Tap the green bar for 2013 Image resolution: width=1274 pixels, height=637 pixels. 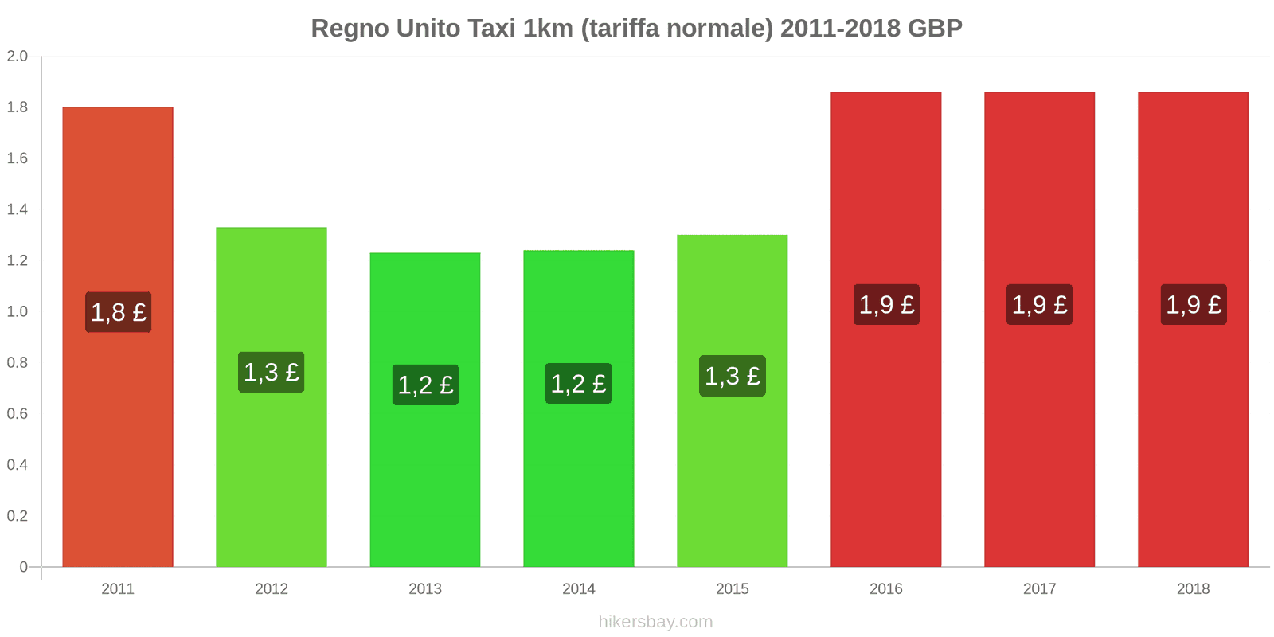(425, 478)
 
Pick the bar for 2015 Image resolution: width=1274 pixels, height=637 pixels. (733, 478)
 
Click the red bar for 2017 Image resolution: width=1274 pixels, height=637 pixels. (1039, 438)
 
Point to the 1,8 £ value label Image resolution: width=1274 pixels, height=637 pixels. (119, 312)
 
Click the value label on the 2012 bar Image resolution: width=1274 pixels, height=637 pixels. (272, 372)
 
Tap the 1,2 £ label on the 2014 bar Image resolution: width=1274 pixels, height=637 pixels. (579, 384)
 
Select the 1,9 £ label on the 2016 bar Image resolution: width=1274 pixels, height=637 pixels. (886, 304)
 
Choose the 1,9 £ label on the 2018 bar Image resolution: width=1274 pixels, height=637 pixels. (1194, 304)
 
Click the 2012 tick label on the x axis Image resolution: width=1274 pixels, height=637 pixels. (272, 589)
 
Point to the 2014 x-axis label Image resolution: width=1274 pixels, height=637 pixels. (579, 589)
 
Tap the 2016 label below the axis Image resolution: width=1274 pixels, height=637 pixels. (886, 589)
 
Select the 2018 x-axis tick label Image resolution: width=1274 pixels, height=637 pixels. (1193, 589)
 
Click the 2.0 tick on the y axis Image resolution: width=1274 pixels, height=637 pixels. (18, 57)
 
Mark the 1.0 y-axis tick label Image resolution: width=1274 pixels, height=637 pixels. (18, 312)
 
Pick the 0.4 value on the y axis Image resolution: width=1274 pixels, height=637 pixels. (18, 465)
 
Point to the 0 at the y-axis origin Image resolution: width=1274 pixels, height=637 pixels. (24, 567)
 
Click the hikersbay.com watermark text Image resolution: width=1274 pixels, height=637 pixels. (655, 622)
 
